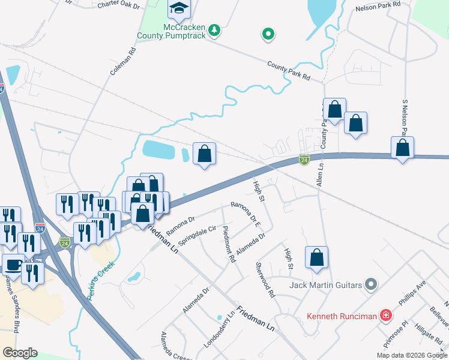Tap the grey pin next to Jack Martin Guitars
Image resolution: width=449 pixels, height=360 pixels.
[x=371, y=284]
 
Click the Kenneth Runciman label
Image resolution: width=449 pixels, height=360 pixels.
[x=342, y=316]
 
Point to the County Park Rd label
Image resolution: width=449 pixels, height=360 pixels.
[x=289, y=71]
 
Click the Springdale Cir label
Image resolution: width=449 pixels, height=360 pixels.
[x=200, y=235]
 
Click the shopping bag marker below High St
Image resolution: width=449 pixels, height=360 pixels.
[x=316, y=258]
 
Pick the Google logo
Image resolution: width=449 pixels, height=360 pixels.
[x=20, y=353]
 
